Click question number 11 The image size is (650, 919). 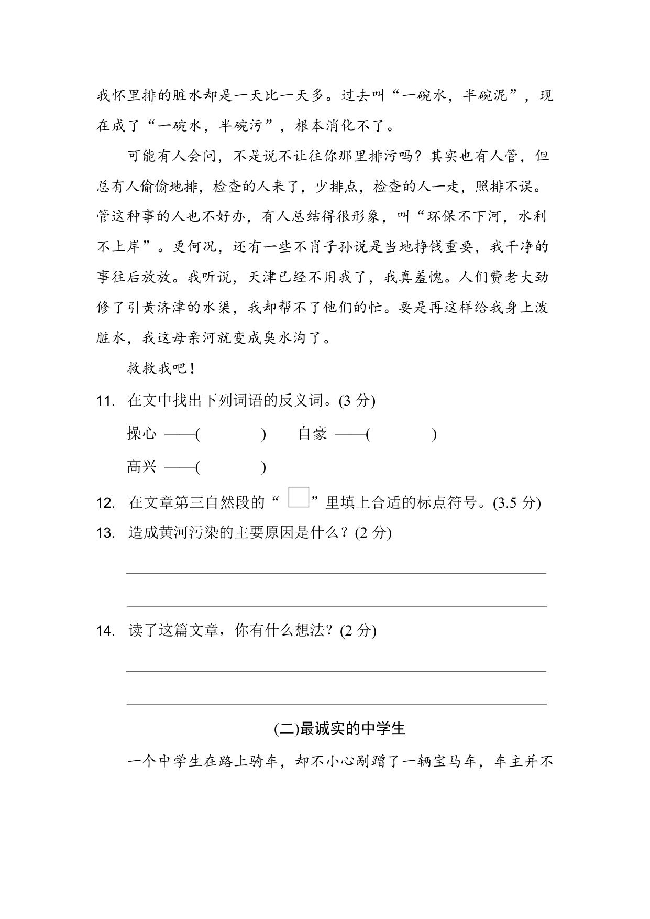pos(105,401)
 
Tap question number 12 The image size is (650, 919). pos(105,504)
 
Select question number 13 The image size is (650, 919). pos(105,533)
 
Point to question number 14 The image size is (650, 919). pos(105,631)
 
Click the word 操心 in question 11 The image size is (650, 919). pos(141,434)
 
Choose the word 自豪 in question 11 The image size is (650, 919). pos(312,434)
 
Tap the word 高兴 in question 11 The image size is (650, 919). pos(141,466)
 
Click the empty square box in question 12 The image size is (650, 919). pos(299,497)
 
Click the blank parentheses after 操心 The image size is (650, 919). pos(230,434)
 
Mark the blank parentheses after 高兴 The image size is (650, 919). pos(230,467)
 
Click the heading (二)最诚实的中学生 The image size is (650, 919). pos(340,728)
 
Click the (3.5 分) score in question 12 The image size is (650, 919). pos(516,503)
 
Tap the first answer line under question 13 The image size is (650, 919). pos(336,573)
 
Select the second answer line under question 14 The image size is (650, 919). pos(336,703)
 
